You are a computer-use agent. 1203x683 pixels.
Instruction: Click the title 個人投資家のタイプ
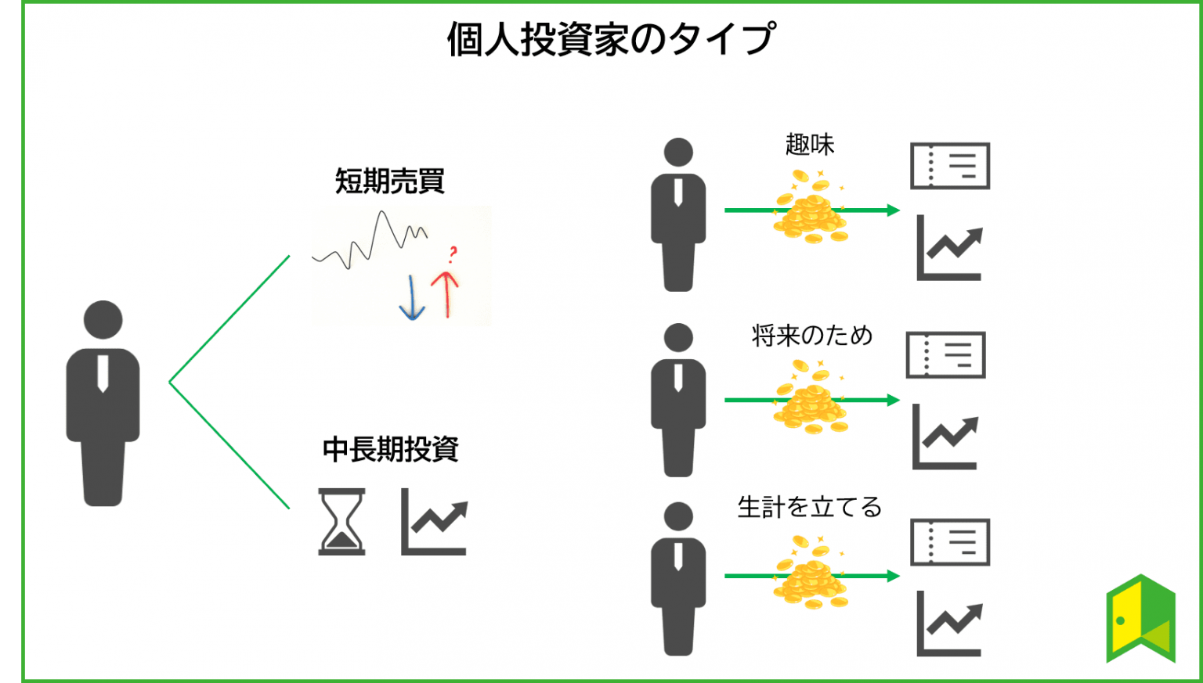coord(611,39)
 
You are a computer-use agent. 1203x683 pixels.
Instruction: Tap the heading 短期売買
coord(389,181)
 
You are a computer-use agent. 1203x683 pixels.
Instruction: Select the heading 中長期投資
coord(391,449)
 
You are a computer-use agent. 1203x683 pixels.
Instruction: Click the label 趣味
coord(810,144)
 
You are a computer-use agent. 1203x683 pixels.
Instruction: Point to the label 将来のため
coord(811,336)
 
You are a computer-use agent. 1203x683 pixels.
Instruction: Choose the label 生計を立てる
coord(809,507)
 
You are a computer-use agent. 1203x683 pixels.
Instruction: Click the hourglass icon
coord(341,522)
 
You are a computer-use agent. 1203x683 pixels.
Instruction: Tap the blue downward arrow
coord(412,298)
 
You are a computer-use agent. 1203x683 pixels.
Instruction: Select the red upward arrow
coord(445,294)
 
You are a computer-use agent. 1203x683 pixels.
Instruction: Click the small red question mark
coord(453,254)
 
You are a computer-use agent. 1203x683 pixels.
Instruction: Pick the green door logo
coord(1140,619)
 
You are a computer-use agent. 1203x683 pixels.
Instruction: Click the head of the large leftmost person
coord(103,320)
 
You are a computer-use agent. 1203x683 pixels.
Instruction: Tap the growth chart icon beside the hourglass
coord(435,522)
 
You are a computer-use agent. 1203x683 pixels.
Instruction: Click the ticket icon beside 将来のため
coord(946,355)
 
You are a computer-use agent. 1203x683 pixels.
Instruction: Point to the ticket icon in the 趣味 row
coord(950,166)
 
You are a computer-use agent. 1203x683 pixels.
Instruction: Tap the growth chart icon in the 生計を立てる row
coord(949,624)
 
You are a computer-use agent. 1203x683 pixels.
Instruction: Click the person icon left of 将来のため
coord(678,400)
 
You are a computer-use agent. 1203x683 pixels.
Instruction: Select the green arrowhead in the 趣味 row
coord(894,210)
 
